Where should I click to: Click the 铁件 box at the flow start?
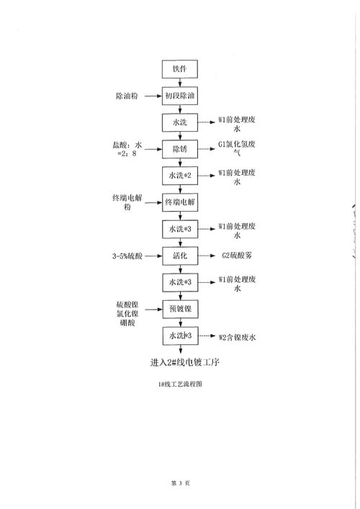click(x=180, y=69)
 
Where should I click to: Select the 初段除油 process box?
click(x=180, y=96)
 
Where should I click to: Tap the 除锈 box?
click(x=180, y=149)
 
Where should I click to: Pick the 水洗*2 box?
click(x=180, y=176)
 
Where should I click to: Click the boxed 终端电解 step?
click(x=180, y=202)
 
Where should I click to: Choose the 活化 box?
click(x=180, y=256)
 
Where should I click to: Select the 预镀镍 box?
click(x=180, y=309)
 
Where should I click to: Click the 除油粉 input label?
click(x=127, y=96)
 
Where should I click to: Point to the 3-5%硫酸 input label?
click(x=127, y=256)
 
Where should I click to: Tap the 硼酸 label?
click(x=127, y=323)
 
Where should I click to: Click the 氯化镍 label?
click(x=127, y=314)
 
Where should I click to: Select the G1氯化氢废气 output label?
click(x=237, y=148)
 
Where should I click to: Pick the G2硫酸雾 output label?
click(x=237, y=256)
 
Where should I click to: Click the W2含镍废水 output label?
click(x=238, y=337)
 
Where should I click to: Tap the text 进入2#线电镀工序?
click(x=185, y=362)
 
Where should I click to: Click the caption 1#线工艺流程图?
click(x=180, y=384)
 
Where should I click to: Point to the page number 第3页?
click(x=181, y=483)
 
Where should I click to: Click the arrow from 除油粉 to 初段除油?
click(x=153, y=96)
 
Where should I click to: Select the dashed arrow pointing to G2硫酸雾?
click(x=207, y=256)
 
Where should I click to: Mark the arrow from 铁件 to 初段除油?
click(x=180, y=83)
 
